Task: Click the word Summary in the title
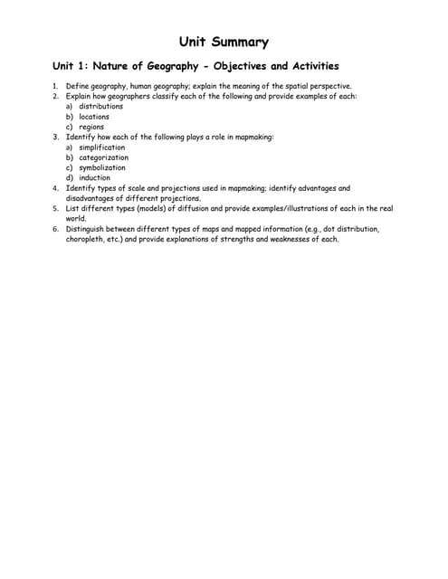[240, 42]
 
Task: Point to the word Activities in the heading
[310, 66]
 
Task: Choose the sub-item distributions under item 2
[100, 106]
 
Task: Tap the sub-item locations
[94, 117]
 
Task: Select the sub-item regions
[91, 127]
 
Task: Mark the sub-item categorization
[103, 157]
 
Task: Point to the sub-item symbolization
[102, 167]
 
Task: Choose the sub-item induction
[94, 177]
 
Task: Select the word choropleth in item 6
[88, 239]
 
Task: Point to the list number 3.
[55, 137]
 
